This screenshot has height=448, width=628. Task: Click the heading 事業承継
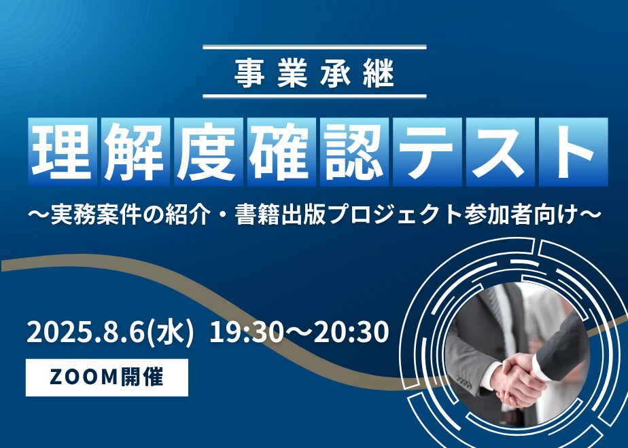pos(315,73)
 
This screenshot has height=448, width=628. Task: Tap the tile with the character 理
pos(63,152)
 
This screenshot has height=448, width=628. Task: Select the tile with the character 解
pos(135,152)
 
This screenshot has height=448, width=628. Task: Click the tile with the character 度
pos(208,152)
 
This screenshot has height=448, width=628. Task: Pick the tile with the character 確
pos(281,152)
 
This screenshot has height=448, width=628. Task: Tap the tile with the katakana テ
pos(428,152)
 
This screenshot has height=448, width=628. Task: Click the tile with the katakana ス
pos(500,152)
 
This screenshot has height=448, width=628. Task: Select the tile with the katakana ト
pos(573,152)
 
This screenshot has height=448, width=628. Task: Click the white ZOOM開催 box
pos(107,377)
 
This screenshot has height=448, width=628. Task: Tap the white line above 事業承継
pos(315,48)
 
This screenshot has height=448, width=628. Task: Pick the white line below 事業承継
pos(315,96)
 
